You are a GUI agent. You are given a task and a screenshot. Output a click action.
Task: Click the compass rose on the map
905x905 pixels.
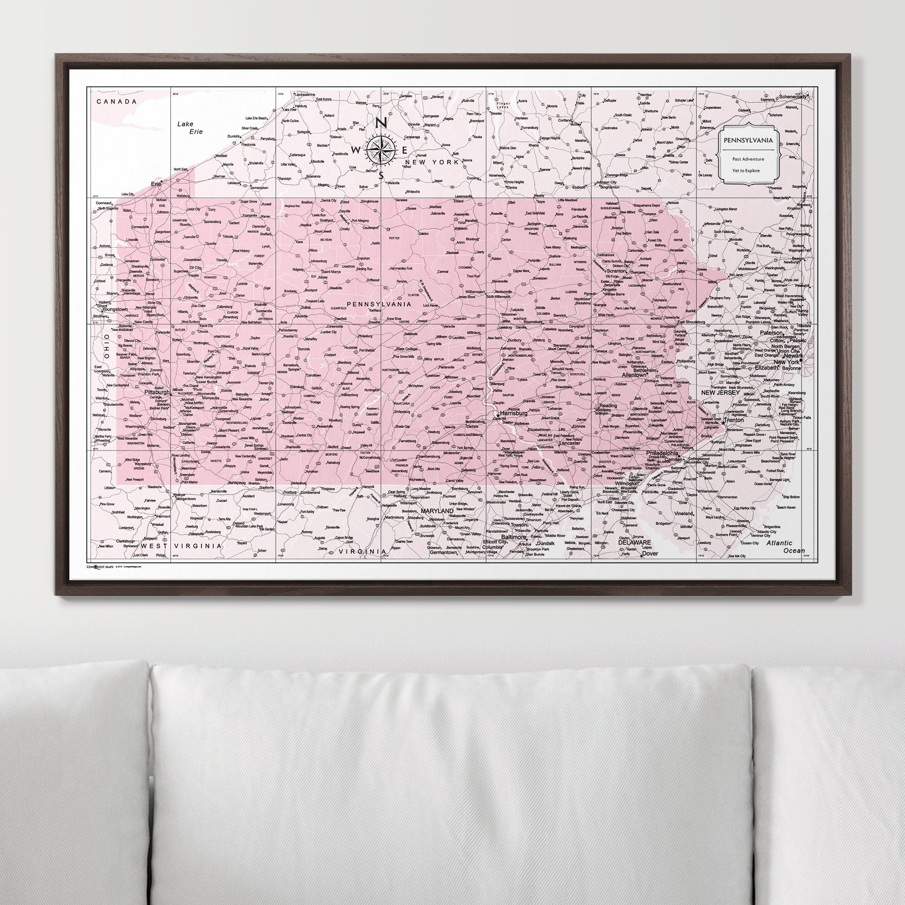pyautogui.click(x=380, y=149)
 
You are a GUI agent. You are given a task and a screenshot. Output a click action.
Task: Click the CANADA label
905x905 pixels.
pyautogui.click(x=116, y=101)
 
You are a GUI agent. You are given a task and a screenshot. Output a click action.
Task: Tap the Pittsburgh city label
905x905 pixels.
pyautogui.click(x=157, y=392)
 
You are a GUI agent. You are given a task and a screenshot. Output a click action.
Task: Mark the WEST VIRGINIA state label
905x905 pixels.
pyautogui.click(x=181, y=546)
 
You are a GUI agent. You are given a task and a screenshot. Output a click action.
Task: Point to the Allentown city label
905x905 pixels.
pyautogui.click(x=634, y=375)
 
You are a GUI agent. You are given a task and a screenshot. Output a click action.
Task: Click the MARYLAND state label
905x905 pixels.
pyautogui.click(x=437, y=510)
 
